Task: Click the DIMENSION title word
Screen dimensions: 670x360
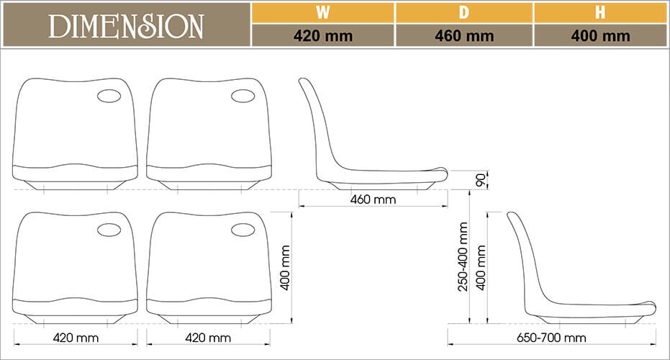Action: click(x=126, y=26)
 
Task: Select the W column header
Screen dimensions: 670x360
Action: click(x=323, y=12)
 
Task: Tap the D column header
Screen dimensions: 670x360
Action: click(x=464, y=12)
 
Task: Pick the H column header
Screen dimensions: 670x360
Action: click(x=600, y=12)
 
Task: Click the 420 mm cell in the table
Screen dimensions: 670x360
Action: click(x=323, y=36)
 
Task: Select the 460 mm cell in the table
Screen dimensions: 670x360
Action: click(x=464, y=36)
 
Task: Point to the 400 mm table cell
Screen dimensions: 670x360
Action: click(x=600, y=36)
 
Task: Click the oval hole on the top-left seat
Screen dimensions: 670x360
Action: click(x=109, y=96)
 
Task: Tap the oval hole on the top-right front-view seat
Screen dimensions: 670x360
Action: click(x=243, y=96)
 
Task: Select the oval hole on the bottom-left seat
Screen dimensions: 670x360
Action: click(x=109, y=230)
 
